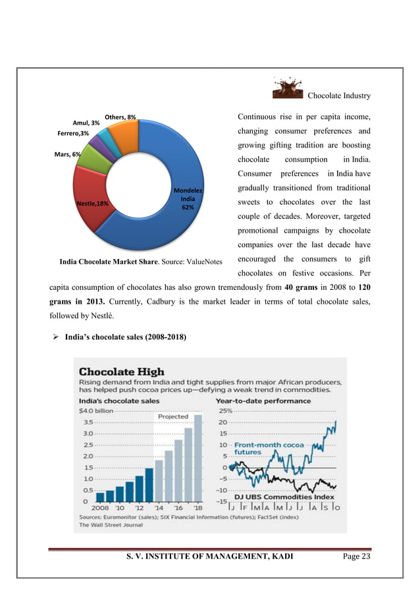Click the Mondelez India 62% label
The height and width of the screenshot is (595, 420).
(x=188, y=198)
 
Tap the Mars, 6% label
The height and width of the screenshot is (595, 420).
(x=68, y=154)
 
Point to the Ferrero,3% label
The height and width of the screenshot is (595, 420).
(x=74, y=133)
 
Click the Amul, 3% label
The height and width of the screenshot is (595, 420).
(x=86, y=123)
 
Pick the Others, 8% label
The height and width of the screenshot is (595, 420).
(x=120, y=117)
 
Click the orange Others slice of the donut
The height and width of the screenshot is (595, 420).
(x=123, y=136)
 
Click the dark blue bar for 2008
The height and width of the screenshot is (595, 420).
(x=101, y=497)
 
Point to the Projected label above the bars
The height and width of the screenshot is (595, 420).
(x=173, y=416)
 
